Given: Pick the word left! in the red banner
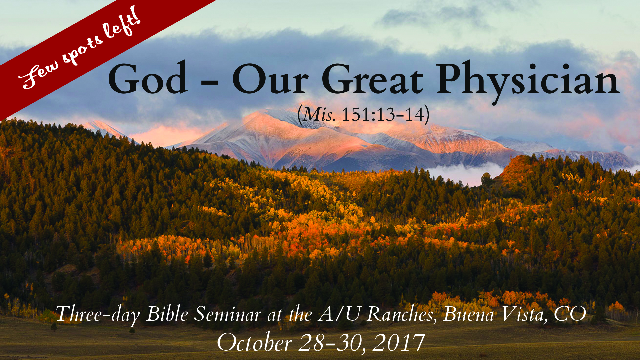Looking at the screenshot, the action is [x=122, y=25].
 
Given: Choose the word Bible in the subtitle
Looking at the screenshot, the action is [x=167, y=314].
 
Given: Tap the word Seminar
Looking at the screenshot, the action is [x=228, y=314].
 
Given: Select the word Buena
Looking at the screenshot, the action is [x=468, y=314].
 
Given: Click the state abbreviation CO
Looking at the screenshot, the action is [x=570, y=314].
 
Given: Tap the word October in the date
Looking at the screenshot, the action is [x=255, y=342].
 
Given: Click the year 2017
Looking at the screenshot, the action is [x=398, y=342].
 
